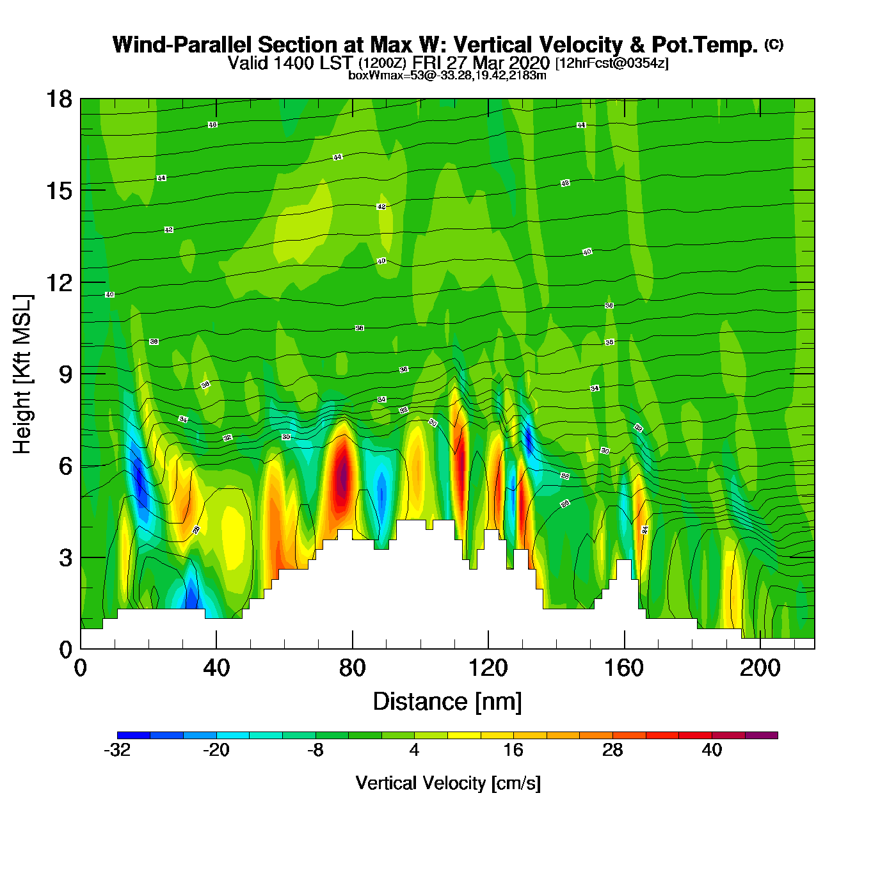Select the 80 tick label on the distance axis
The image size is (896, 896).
click(x=352, y=668)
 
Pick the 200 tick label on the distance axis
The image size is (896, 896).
click(x=760, y=668)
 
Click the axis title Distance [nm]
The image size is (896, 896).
click(x=447, y=701)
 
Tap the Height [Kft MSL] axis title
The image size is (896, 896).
click(x=22, y=374)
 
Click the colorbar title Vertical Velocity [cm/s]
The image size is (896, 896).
click(x=447, y=783)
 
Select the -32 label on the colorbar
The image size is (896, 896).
click(x=117, y=750)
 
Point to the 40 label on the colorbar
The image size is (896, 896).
click(x=712, y=750)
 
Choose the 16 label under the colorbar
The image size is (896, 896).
click(x=513, y=750)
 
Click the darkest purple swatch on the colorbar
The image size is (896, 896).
click(x=761, y=735)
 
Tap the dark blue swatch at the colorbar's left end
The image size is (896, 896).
click(x=134, y=735)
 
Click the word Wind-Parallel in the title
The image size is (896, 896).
click(x=183, y=45)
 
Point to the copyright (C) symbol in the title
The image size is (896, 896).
click(x=774, y=44)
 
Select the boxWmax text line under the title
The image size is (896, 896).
click(x=447, y=76)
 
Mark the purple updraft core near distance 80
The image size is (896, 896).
click(x=344, y=475)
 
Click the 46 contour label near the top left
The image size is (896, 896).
click(x=212, y=125)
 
